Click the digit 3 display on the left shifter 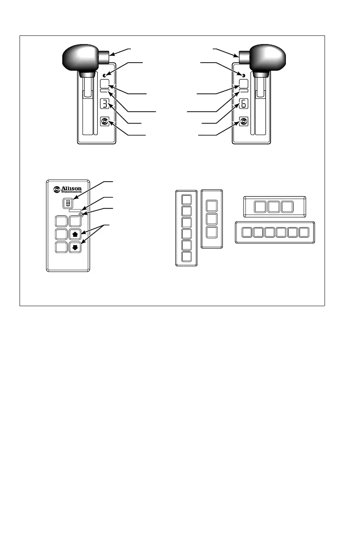tap(105, 104)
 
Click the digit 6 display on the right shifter tap(244, 104)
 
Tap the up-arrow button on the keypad tap(75, 235)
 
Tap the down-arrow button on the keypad tap(75, 248)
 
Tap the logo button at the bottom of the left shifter tap(105, 121)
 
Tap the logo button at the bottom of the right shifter tap(244, 121)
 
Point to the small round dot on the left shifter tap(105, 74)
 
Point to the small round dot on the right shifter tap(244, 74)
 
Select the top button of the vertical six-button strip tap(186, 200)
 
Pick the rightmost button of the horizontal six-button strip tap(304, 233)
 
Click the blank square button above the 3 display tap(105, 84)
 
